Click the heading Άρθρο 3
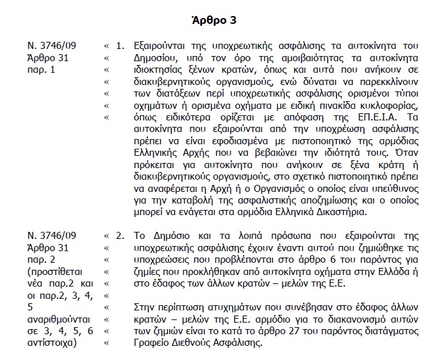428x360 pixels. click(214, 20)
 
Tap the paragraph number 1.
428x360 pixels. click(119, 47)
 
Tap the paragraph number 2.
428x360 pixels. click(119, 236)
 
